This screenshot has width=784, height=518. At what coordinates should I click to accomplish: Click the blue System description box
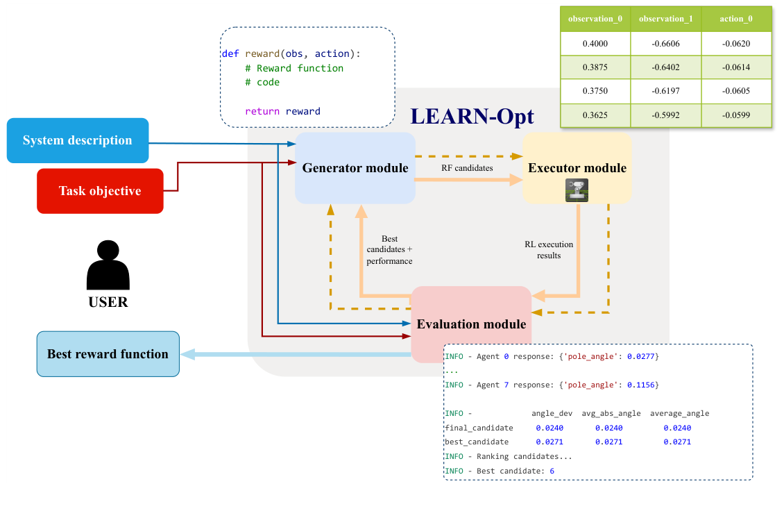pos(78,141)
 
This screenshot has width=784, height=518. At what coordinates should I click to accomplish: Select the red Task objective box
pos(100,191)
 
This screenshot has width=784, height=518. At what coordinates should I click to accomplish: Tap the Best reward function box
pos(108,354)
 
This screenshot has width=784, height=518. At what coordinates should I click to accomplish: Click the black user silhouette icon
pos(108,266)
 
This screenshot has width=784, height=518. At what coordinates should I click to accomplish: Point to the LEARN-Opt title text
pos(472,115)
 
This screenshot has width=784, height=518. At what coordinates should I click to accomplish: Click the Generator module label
pos(355,167)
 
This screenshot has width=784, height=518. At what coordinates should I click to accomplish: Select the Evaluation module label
pos(471,324)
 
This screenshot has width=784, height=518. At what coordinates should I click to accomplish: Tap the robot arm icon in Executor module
pos(577,190)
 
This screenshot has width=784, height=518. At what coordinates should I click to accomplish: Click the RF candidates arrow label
pos(467,167)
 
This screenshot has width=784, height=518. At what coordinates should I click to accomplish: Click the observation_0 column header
pos(595,19)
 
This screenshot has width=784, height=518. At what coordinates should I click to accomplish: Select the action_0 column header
pos(736,19)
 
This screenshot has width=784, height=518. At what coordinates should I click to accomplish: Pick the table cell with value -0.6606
pos(666,43)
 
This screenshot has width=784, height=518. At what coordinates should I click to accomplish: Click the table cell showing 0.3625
pos(595,115)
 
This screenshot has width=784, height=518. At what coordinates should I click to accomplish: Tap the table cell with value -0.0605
pos(736,91)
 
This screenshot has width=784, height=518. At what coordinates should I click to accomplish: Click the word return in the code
pos(262,111)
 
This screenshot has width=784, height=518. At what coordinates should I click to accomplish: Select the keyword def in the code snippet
pos(230,53)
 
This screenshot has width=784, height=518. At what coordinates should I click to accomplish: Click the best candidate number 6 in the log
pos(552,471)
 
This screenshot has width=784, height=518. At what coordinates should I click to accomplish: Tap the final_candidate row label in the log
pos(479,428)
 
